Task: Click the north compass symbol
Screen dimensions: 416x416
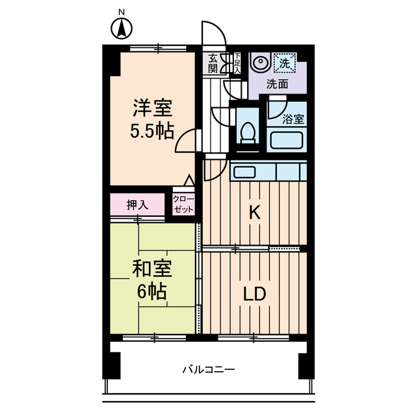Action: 120,28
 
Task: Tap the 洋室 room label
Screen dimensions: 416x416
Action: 153,106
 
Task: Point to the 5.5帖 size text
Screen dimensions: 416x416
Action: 153,131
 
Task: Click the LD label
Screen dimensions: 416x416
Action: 254,294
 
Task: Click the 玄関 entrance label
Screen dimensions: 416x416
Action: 213,64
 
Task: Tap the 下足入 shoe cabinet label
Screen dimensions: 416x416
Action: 237,62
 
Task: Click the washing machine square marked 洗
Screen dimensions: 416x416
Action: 284,63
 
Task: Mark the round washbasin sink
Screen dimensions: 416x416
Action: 259,64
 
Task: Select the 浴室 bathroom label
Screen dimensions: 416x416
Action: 292,120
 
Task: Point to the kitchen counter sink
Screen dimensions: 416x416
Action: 245,172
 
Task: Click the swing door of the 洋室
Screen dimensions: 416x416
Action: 187,140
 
